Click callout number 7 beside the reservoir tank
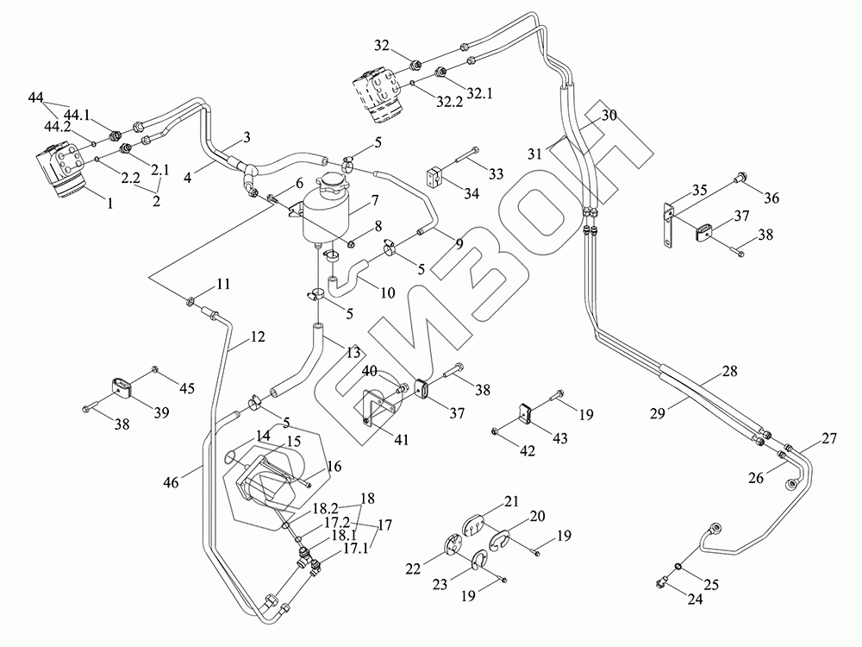[375, 201]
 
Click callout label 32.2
[449, 102]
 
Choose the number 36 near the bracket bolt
[770, 198]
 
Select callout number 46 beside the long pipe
[172, 483]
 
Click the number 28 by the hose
[730, 371]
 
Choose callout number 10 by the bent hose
[387, 292]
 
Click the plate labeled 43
[527, 412]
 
